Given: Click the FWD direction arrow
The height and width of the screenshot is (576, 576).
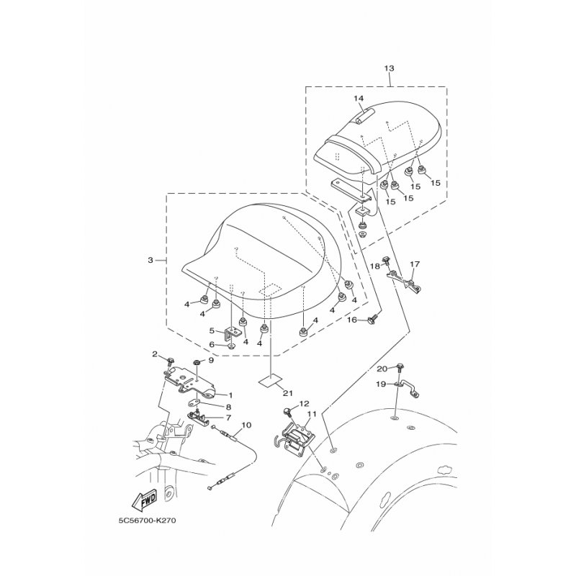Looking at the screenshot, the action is coord(143,500).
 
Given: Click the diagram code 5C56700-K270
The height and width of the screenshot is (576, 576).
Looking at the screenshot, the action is coord(145,521).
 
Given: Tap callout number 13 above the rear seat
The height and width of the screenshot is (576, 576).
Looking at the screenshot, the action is coord(389,68).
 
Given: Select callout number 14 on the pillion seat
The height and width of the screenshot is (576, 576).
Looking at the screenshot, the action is coord(359,98).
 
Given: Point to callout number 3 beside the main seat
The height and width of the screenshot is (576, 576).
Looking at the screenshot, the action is coord(150,260).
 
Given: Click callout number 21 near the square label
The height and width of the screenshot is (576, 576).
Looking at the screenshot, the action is coord(287,393).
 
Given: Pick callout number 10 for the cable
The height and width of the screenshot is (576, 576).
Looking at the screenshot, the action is coord(246,425).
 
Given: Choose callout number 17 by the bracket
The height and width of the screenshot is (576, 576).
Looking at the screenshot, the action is coord(415,264).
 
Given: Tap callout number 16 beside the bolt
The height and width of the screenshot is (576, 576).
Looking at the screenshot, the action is coord(352,320).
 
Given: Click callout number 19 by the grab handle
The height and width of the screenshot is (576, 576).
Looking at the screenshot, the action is coord(381,384).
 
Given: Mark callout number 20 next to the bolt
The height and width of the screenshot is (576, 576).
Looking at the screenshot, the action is coord(382,369).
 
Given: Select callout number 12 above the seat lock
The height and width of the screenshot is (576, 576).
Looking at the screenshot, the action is coord(305,403).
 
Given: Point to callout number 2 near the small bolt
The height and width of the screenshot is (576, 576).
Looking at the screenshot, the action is coord(155,354).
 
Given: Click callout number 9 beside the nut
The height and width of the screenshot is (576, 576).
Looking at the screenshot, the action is coord(211,361).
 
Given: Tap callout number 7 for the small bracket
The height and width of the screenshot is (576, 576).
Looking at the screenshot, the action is coord(228,418).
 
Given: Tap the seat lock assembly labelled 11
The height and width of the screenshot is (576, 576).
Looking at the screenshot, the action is coord(294,439).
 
